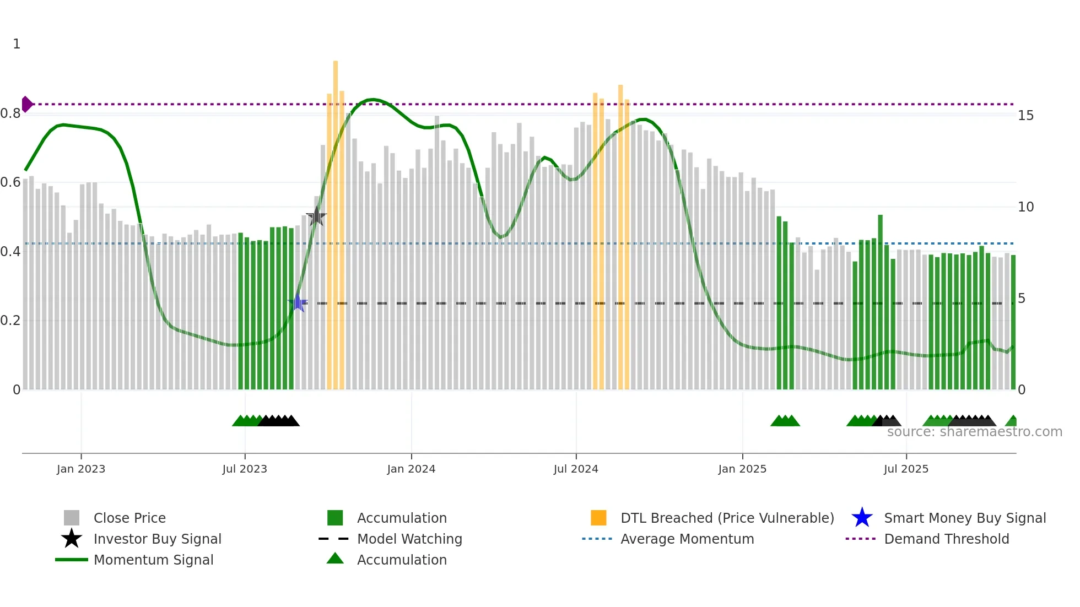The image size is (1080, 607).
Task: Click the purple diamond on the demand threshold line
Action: pos(27,104)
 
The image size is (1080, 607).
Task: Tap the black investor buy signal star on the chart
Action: pos(316,216)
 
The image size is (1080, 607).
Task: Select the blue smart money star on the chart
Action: pos(298,303)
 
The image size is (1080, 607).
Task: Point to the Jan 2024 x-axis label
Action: pos(411,469)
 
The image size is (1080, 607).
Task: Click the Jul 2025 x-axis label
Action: pos(906,469)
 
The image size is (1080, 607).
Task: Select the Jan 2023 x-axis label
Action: pos(81,469)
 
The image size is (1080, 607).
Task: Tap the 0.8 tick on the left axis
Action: pos(10,113)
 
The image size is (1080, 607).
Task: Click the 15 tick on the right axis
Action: pos(1025,116)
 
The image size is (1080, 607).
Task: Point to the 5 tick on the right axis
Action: pos(1022,299)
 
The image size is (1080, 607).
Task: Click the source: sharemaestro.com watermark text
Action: pos(974,432)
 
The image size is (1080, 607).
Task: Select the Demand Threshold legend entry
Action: pos(946,539)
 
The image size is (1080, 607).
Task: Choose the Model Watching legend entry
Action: pos(409,539)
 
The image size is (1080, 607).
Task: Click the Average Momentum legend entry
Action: pos(687,539)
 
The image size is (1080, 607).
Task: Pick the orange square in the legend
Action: pos(598,518)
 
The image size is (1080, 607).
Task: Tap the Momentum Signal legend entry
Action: pos(153,560)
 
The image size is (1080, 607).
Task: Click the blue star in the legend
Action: pos(862,518)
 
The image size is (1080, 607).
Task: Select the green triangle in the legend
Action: pos(335,559)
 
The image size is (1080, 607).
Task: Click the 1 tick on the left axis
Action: pos(17,44)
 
